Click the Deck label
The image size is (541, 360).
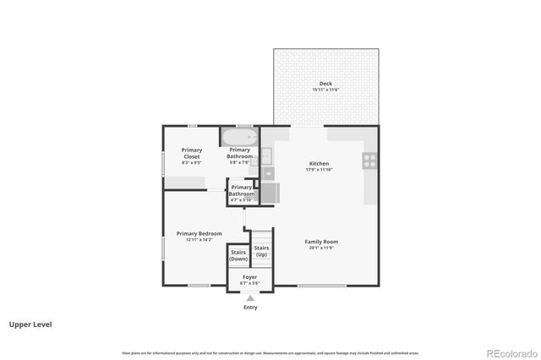pyautogui.click(x=325, y=83)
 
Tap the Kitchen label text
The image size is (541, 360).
pyautogui.click(x=319, y=163)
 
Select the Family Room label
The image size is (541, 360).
pyautogui.click(x=321, y=241)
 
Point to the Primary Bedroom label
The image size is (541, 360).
pyautogui.click(x=199, y=233)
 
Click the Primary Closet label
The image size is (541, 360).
pyautogui.click(x=192, y=153)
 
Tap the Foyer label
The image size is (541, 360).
pyautogui.click(x=249, y=276)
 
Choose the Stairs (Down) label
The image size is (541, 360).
pyautogui.click(x=238, y=254)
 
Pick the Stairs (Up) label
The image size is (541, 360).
pyautogui.click(x=262, y=250)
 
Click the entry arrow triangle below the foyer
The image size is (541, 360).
pyautogui.click(x=250, y=297)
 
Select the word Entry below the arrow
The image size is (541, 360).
pyautogui.click(x=250, y=307)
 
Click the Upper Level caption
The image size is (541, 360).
pyautogui.click(x=27, y=324)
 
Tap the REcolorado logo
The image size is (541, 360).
pyautogui.click(x=510, y=352)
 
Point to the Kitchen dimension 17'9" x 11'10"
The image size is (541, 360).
pyautogui.click(x=319, y=169)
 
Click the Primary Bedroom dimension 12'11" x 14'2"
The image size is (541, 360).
pyautogui.click(x=199, y=240)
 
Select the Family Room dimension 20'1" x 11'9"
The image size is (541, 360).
pyautogui.click(x=321, y=248)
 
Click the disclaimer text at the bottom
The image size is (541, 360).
pyautogui.click(x=270, y=352)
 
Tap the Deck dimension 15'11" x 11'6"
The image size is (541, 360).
pyautogui.click(x=325, y=90)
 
